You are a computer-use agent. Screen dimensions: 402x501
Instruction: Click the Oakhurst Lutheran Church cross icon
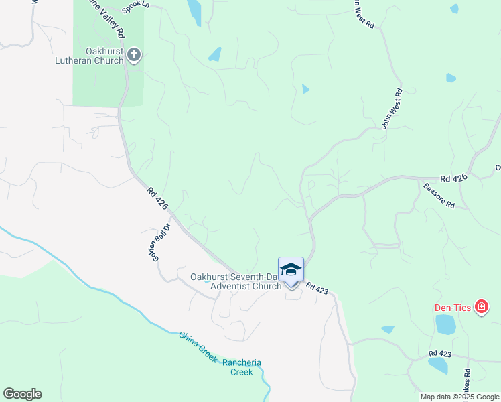point(134,54)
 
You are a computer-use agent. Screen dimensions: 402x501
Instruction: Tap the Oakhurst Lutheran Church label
point(90,56)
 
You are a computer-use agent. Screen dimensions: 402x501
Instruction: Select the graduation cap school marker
point(291,270)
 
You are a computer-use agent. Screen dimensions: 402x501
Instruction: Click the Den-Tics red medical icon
point(481,308)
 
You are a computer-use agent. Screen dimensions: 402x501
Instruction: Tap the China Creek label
point(198,346)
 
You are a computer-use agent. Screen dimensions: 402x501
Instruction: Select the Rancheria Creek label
point(242,367)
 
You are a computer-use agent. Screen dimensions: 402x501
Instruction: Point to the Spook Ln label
point(135,7)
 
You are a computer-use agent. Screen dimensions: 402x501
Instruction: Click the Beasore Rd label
point(439,195)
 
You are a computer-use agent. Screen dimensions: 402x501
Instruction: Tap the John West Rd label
point(392,108)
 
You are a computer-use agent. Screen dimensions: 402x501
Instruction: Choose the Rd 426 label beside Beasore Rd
point(453,178)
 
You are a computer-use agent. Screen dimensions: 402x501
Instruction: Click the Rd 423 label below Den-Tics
point(441,353)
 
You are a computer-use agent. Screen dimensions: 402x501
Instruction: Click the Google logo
point(22,394)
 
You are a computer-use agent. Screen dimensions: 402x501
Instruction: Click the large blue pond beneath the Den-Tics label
point(445,324)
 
